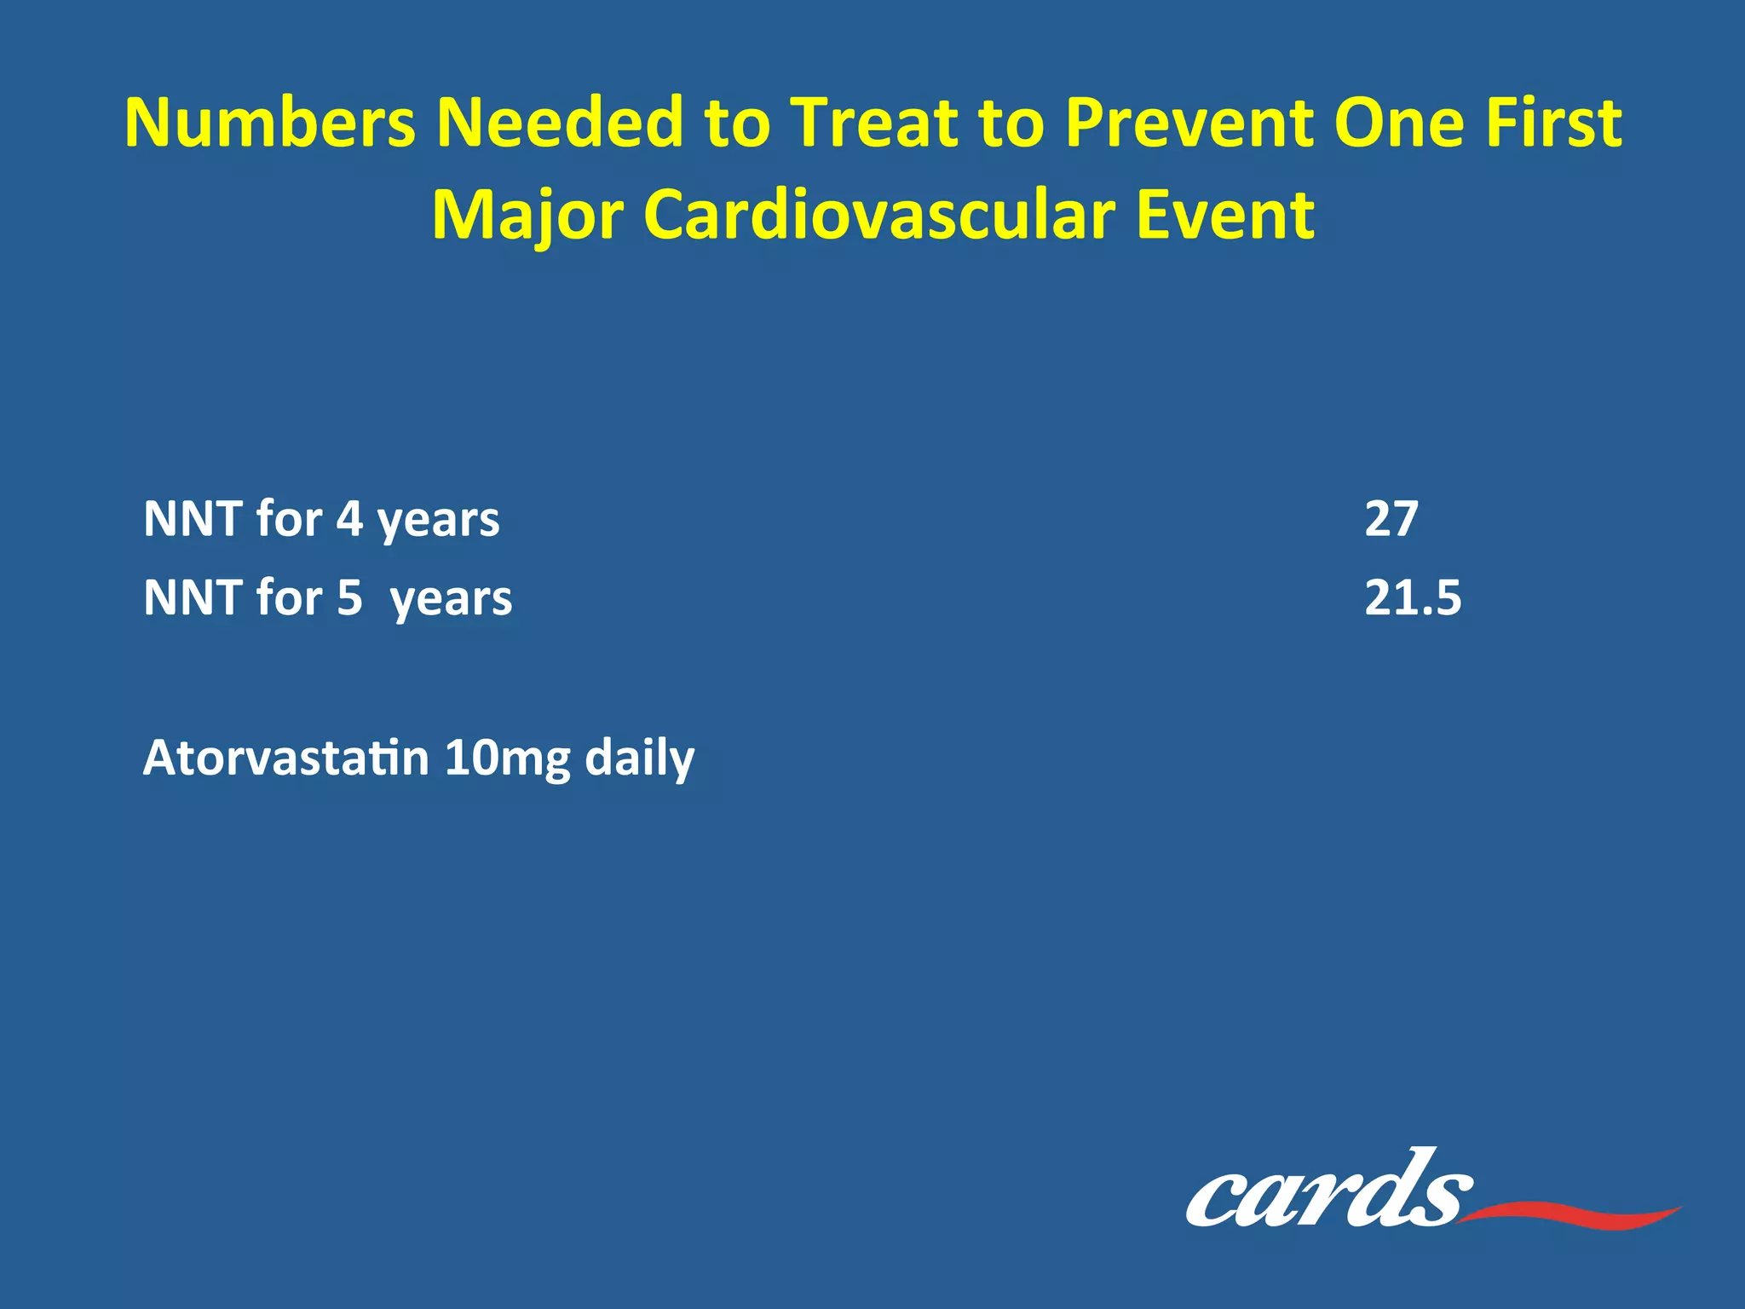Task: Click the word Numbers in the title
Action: click(270, 123)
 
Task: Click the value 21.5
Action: click(1413, 597)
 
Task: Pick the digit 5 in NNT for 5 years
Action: click(349, 597)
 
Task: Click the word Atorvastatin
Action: click(285, 757)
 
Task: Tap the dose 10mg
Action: click(507, 757)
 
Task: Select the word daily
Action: click(639, 757)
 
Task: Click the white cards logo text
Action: click(1325, 1193)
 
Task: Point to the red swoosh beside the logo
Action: click(1576, 1214)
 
